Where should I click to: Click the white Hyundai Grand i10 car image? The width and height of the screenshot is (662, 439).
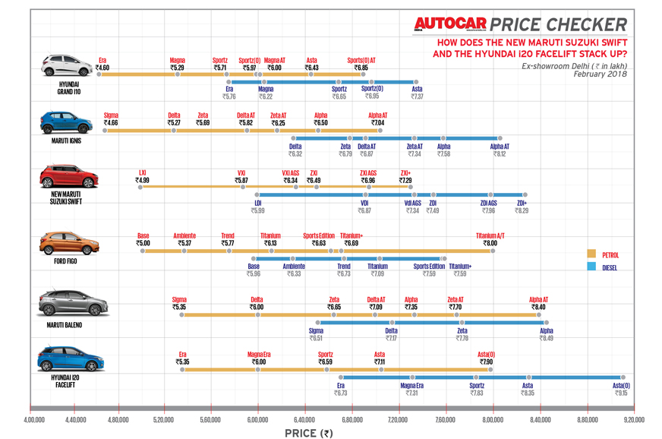click(x=68, y=65)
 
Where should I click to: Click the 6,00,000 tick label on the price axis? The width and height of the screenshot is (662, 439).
click(x=257, y=418)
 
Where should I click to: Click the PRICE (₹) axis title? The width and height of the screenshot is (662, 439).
click(x=308, y=433)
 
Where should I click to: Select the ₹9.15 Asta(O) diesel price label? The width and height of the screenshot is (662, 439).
click(x=621, y=389)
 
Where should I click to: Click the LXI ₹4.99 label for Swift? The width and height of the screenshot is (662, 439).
click(x=143, y=176)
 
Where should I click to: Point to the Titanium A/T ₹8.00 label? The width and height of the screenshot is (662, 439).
click(x=490, y=238)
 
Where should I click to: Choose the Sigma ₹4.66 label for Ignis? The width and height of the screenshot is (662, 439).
click(x=111, y=119)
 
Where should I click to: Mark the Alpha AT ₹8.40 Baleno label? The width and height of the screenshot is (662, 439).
click(x=538, y=303)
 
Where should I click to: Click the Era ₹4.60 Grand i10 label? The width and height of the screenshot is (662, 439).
click(x=103, y=64)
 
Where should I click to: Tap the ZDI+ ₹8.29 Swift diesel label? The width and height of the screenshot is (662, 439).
click(x=522, y=207)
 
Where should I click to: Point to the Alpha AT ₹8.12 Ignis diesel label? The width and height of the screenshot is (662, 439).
click(x=499, y=150)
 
